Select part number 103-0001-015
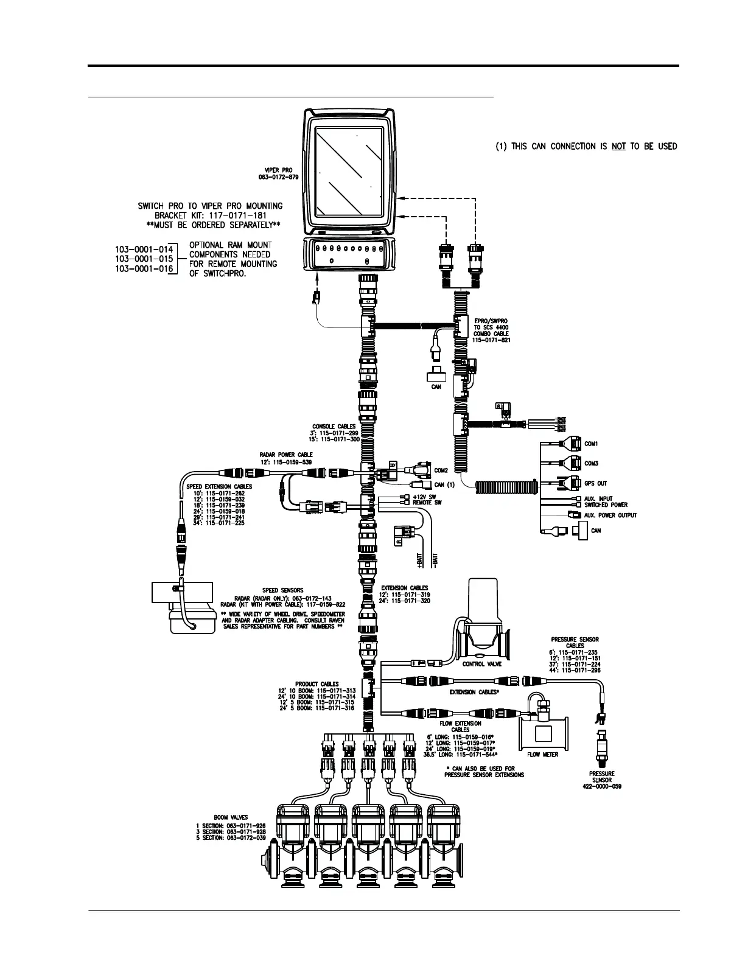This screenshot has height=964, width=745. click(x=144, y=259)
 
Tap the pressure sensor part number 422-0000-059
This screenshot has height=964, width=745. click(x=601, y=786)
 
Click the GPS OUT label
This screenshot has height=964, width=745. click(x=596, y=483)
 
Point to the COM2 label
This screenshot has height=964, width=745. click(x=441, y=470)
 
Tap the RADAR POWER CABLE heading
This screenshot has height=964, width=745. click(x=286, y=455)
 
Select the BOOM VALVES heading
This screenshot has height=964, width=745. click(x=229, y=818)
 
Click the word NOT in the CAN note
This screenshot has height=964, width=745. click(x=619, y=146)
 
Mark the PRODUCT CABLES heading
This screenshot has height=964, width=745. click(x=317, y=683)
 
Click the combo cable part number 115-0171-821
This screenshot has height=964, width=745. click(x=492, y=340)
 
